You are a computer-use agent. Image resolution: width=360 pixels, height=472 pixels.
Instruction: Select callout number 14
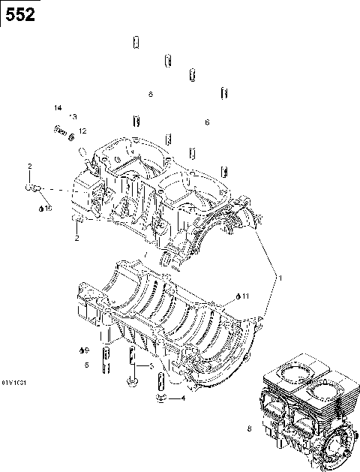58,109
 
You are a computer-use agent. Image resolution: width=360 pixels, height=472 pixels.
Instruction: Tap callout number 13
73,117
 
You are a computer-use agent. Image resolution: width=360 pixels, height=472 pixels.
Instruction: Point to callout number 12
82,131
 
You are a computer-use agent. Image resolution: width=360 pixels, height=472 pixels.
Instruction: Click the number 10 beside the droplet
49,208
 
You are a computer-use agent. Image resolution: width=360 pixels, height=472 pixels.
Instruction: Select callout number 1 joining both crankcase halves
280,278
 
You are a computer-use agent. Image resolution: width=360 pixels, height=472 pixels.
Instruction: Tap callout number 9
86,351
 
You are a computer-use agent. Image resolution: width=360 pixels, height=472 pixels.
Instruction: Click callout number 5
86,365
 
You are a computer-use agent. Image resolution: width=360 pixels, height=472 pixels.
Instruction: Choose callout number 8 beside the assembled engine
249,429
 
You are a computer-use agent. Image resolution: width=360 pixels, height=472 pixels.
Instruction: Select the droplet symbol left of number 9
79,350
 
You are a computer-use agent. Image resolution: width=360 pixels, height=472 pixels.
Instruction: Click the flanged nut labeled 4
160,395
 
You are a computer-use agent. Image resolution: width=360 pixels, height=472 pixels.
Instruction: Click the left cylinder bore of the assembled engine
287,372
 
